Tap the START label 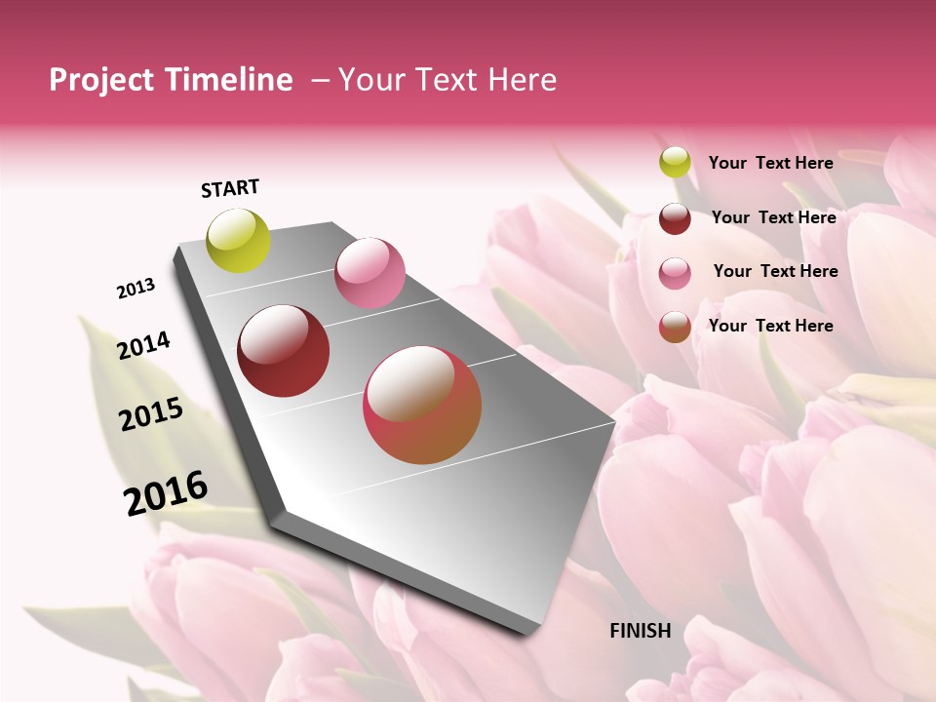point(230,188)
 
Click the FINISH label point(641,631)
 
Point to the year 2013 point(136,289)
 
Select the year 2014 point(143,345)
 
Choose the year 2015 point(151,414)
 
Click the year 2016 point(166,492)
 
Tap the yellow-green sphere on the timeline point(239,241)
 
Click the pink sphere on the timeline point(370,273)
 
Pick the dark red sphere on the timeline point(284,351)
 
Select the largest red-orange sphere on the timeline point(422,405)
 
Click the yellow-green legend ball point(675,163)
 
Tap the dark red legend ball point(675,217)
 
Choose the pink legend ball point(675,272)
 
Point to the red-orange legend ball point(675,327)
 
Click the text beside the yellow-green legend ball point(770,163)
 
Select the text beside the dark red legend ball point(773,217)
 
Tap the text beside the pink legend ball point(775,271)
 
